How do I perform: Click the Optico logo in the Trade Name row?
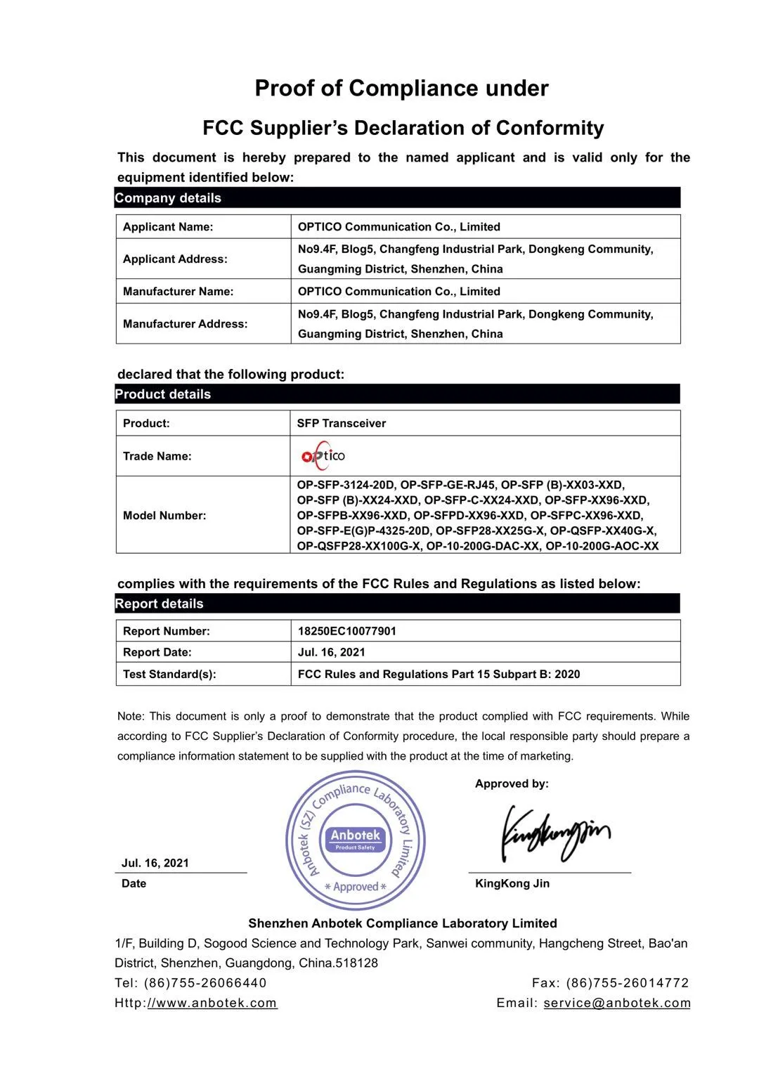coord(323,456)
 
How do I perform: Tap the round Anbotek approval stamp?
coord(356,840)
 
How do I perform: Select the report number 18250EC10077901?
coord(347,631)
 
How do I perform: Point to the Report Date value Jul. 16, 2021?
coord(332,652)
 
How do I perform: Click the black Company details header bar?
coord(397,198)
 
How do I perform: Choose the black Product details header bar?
coord(397,394)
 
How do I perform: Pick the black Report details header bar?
coord(397,604)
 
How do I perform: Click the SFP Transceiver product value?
coord(342,423)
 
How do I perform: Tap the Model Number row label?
coord(164,515)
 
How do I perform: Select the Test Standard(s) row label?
coord(169,674)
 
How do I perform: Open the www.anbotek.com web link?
coord(212,1003)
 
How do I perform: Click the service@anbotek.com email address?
coord(617,1003)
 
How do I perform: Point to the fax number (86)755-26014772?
coord(628,982)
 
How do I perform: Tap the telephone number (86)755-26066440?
coord(205,982)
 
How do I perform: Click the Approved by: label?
coord(512,783)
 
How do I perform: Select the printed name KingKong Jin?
coord(512,883)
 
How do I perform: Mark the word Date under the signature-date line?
coord(134,883)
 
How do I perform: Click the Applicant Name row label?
coord(168,226)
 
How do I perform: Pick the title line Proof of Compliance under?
coord(401,89)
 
